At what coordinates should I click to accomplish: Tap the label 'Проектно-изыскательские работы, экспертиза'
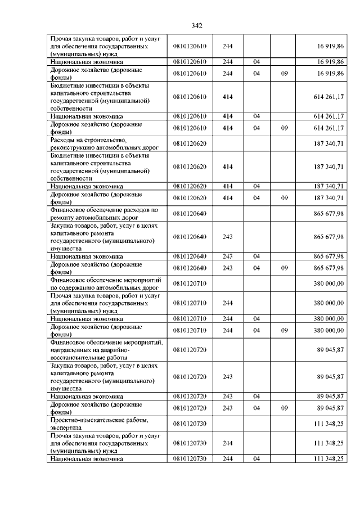click(99, 424)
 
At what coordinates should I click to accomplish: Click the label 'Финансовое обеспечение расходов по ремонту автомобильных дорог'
click(105, 213)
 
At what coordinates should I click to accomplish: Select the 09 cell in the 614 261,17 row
click(284, 128)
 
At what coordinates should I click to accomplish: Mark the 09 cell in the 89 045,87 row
click(284, 408)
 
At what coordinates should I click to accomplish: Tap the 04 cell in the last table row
click(256, 459)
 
